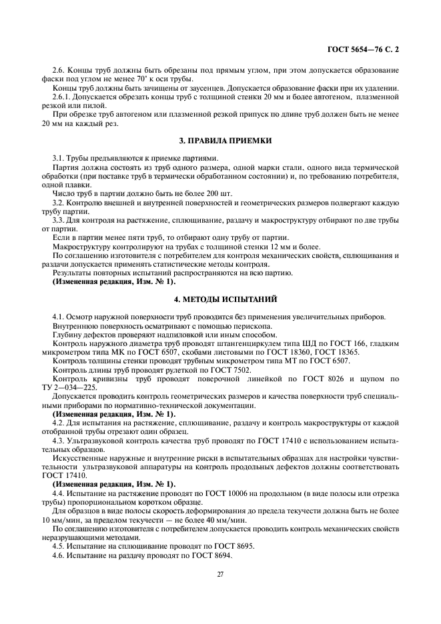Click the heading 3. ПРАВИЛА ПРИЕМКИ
[x=221, y=141]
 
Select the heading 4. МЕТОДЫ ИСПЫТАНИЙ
[x=221, y=300]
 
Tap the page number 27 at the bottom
[x=220, y=575]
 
